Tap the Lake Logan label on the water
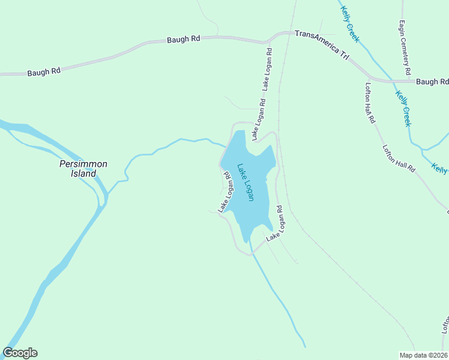(246, 182)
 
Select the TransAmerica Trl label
(321, 43)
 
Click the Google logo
(20, 353)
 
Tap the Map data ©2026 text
(423, 355)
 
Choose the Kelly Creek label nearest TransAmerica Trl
(349, 24)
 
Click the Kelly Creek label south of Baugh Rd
(403, 108)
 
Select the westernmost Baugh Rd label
(44, 72)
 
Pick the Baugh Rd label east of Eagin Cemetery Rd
(432, 82)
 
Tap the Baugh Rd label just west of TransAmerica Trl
(183, 40)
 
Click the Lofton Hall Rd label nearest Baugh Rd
(370, 103)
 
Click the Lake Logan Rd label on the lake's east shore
(275, 223)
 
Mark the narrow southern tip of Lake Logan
(246, 240)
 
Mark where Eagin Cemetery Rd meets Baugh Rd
(408, 80)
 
